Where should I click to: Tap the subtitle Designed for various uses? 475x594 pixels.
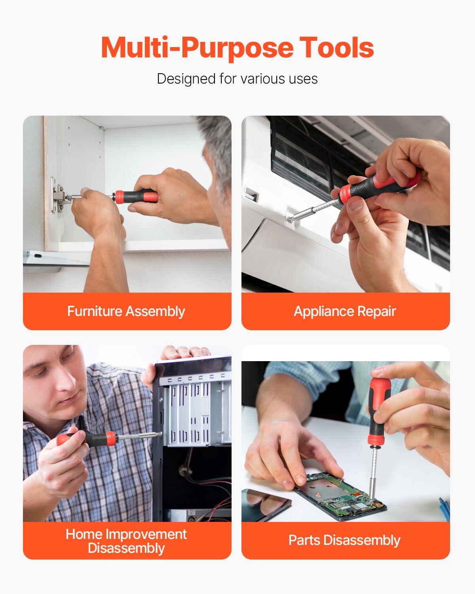click(x=237, y=78)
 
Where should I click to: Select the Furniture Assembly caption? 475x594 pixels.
click(x=126, y=311)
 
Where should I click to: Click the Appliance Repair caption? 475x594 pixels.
click(x=345, y=311)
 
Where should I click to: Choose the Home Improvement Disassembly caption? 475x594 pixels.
click(x=126, y=541)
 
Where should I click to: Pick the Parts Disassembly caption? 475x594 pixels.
click(x=344, y=540)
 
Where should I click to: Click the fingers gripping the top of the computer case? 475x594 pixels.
click(x=186, y=352)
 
